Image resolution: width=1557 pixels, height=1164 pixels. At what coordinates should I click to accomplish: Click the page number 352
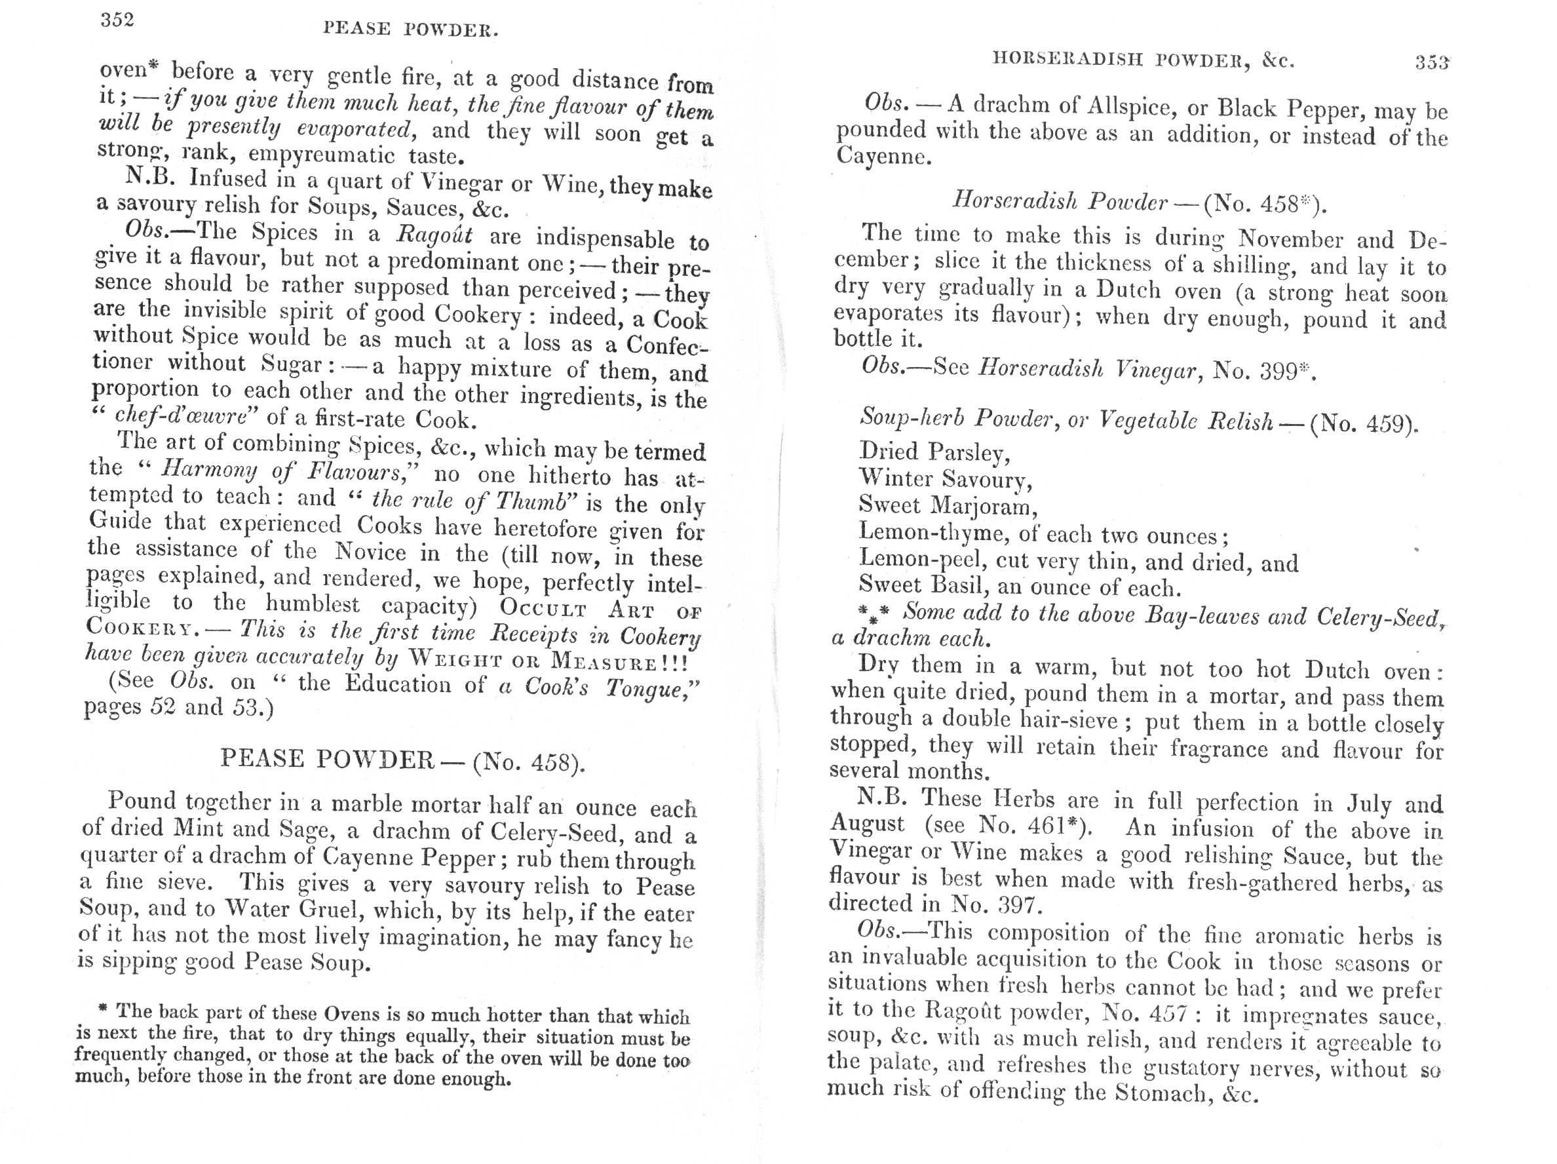pos(117,20)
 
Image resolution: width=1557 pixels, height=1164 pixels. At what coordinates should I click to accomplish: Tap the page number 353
pos(1432,64)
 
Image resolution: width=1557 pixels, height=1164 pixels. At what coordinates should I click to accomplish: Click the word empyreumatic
pos(321,154)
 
